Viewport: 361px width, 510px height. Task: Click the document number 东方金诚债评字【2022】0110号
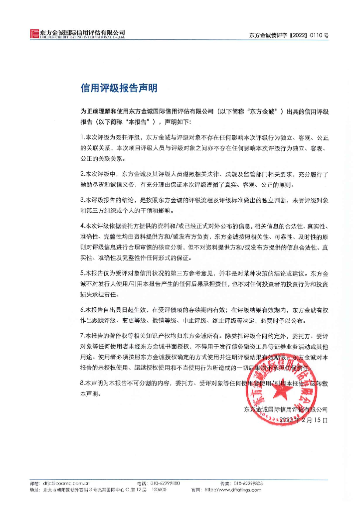tap(288, 35)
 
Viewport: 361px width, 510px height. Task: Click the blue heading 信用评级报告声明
tap(119, 88)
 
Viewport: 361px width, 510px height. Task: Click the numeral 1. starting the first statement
tap(82, 136)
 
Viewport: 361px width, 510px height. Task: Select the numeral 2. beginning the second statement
tap(82, 174)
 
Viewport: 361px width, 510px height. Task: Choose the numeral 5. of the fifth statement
tap(82, 273)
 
